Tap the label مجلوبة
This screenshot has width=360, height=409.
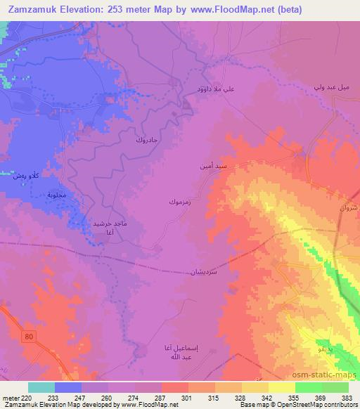(x=55, y=195)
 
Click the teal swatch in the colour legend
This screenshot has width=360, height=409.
(x=41, y=387)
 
